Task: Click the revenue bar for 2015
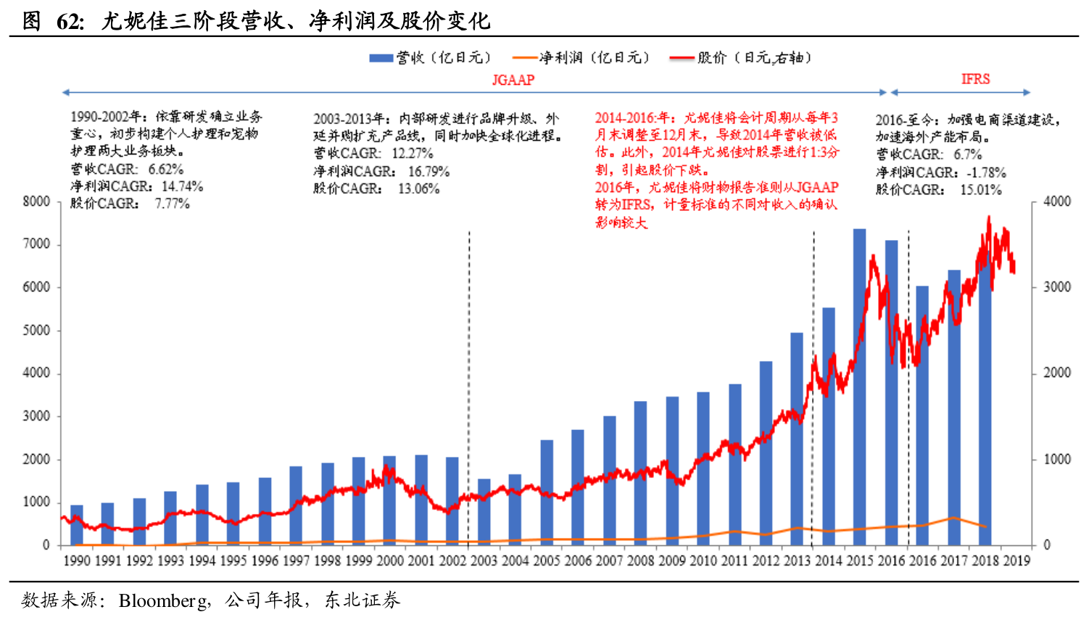click(x=859, y=387)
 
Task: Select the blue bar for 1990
click(x=77, y=525)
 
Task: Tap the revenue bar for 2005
click(x=547, y=492)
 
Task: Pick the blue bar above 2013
click(x=797, y=439)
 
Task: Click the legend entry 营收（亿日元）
click(x=431, y=58)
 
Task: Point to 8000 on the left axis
click(x=36, y=202)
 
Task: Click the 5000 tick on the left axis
click(x=36, y=331)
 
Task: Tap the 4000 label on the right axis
click(x=1056, y=202)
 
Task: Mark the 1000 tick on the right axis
click(x=1056, y=460)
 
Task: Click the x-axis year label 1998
click(x=328, y=561)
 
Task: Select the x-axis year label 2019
click(x=1016, y=561)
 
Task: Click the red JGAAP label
click(x=513, y=80)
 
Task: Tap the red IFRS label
click(x=975, y=79)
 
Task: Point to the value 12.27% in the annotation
click(x=412, y=154)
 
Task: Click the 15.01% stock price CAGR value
click(x=980, y=190)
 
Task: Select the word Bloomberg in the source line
click(x=164, y=600)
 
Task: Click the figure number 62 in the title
click(x=70, y=22)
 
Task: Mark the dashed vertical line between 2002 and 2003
click(x=469, y=384)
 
